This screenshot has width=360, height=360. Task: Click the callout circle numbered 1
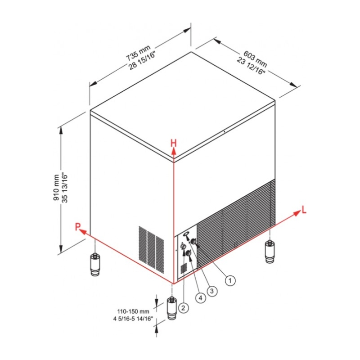[x=230, y=280]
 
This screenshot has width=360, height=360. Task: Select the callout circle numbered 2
[x=183, y=308]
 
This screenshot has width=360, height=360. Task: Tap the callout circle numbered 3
[x=211, y=291]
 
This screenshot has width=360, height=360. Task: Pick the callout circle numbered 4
[x=200, y=298]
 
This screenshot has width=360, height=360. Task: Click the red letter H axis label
[x=174, y=143]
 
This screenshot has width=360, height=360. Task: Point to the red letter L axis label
[x=304, y=210]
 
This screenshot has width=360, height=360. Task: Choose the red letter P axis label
[x=78, y=227]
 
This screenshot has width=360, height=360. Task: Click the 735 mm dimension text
[x=138, y=52]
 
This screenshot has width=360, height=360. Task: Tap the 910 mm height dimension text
[x=56, y=188]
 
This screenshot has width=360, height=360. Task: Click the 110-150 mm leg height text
[x=133, y=311]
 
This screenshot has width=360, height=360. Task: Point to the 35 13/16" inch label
[x=65, y=188]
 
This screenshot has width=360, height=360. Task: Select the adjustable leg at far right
[x=270, y=251]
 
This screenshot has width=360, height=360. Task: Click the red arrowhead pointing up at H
[x=174, y=151]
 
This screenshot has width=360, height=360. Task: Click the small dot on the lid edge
[x=224, y=132]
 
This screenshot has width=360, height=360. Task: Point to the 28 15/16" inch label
[x=142, y=60]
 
